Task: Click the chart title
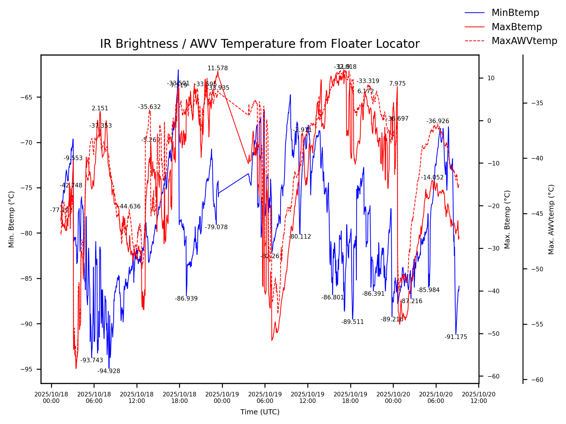(x=260, y=44)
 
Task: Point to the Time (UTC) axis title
(x=260, y=412)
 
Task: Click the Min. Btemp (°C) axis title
(x=11, y=219)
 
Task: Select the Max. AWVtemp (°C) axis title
(x=551, y=219)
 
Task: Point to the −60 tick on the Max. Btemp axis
(x=493, y=377)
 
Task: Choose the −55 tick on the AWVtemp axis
(x=537, y=324)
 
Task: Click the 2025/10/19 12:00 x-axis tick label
(x=307, y=398)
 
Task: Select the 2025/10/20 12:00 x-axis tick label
(x=479, y=398)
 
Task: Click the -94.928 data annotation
(x=109, y=371)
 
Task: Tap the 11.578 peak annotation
(x=217, y=68)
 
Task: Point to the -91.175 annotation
(x=456, y=337)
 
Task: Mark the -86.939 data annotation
(x=186, y=299)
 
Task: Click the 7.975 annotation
(x=397, y=84)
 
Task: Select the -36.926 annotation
(x=437, y=121)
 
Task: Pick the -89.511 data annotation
(x=352, y=322)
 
